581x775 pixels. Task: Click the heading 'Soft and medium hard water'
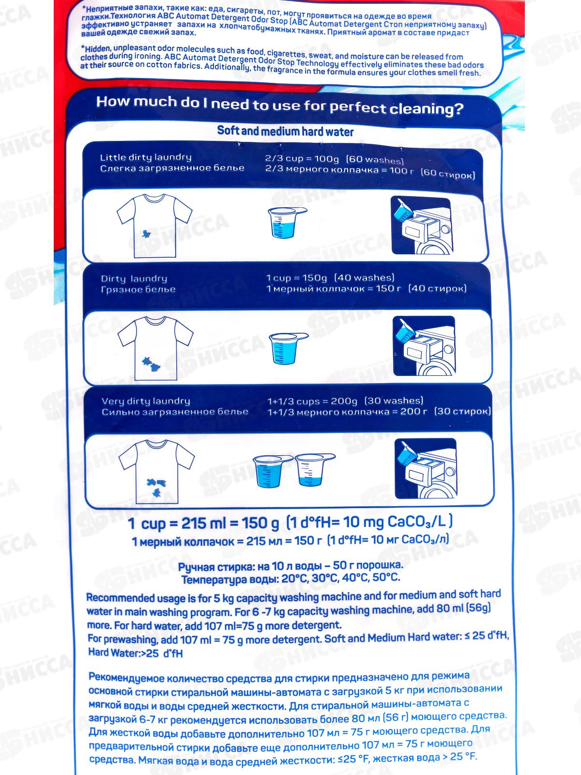(285, 131)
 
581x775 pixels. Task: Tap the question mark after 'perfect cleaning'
(458, 109)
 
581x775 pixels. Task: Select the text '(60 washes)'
(375, 159)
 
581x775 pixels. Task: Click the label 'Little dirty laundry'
(146, 157)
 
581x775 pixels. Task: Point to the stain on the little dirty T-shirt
(146, 233)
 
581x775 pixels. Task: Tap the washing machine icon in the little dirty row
(421, 225)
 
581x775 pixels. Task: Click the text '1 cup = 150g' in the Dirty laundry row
(297, 278)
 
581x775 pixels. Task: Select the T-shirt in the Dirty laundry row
(155, 348)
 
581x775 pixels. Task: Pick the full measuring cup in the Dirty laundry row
(288, 348)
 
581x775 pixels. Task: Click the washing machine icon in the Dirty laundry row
(424, 345)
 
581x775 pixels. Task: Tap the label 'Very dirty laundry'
(146, 401)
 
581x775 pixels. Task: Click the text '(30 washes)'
(394, 401)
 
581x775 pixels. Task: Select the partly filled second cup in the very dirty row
(314, 470)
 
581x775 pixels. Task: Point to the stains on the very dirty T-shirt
(156, 487)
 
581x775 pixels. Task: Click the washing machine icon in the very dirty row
(426, 468)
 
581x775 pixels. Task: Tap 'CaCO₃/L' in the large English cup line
(417, 522)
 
